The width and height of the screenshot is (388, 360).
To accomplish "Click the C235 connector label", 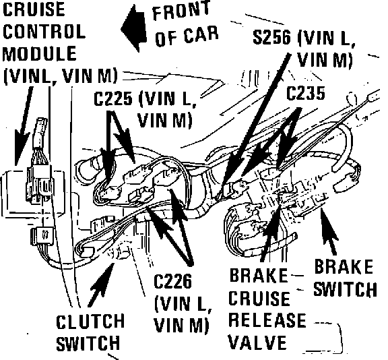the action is (x=305, y=93).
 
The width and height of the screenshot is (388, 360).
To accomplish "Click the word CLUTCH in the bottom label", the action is (x=90, y=322).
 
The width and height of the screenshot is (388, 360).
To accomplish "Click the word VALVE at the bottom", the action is (x=257, y=342).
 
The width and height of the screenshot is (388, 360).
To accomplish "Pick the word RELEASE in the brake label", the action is (x=267, y=320).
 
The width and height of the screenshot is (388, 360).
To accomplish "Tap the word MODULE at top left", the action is (x=39, y=53).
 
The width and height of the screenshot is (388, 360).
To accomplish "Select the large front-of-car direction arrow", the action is (x=133, y=28).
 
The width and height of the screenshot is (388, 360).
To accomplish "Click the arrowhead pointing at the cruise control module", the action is (x=21, y=148).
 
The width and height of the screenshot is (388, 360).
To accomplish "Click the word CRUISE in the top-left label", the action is (x=34, y=9).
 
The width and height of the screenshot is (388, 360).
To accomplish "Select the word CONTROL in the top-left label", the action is (x=44, y=32).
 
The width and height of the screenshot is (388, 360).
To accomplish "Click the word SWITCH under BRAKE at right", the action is (x=345, y=289).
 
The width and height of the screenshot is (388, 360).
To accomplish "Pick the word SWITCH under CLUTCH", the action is (x=88, y=343).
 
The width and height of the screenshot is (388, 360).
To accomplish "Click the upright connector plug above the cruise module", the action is (x=40, y=133).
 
